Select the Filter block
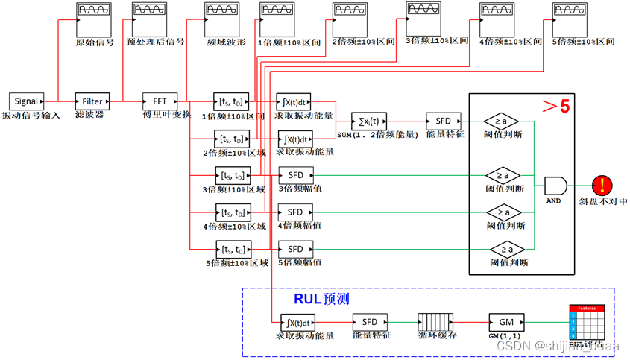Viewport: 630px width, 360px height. [92, 101]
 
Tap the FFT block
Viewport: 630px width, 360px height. [160, 101]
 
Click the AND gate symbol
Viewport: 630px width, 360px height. [555, 186]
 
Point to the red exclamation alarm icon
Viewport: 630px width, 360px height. [602, 186]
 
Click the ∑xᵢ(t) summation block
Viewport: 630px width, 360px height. [369, 121]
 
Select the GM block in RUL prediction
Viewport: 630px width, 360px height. [506, 322]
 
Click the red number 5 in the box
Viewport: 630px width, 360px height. [564, 107]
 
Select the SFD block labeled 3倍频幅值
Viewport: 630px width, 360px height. [295, 175]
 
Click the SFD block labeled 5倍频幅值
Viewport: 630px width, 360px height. [295, 249]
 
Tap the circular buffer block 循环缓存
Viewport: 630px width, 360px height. [436, 322]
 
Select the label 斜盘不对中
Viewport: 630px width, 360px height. [602, 202]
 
